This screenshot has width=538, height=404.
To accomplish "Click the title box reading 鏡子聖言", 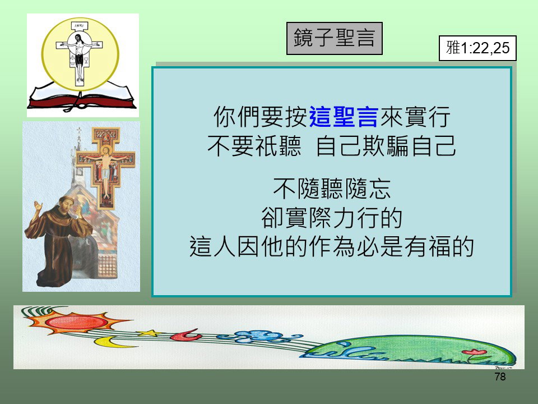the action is click(x=334, y=38).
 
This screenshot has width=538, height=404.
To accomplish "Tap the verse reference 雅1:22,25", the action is click(x=477, y=48).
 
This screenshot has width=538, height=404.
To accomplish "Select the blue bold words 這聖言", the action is click(x=344, y=117).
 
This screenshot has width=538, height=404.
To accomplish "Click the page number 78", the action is click(x=500, y=377).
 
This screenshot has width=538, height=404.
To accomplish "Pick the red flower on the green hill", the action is click(x=474, y=352).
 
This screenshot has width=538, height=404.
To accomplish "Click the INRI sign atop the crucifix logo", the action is click(x=79, y=26).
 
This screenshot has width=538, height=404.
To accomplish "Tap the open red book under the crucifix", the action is click(x=82, y=97).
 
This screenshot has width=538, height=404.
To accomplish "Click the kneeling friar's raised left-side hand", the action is click(x=38, y=206).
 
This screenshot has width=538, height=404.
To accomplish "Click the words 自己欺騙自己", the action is click(x=386, y=146).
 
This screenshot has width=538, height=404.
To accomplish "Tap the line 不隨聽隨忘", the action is click(x=332, y=189).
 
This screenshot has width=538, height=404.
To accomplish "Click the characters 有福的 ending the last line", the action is click(x=439, y=246).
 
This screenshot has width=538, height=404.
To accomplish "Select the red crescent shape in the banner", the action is click(x=186, y=335).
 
